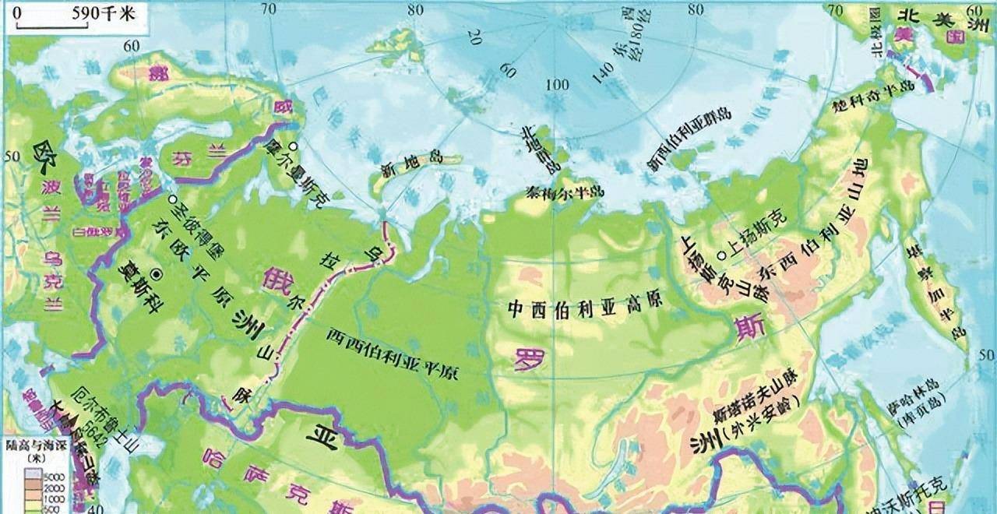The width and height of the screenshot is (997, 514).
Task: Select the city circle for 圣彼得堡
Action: click(171, 199)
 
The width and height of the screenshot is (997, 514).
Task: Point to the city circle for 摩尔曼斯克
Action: click(291, 146)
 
